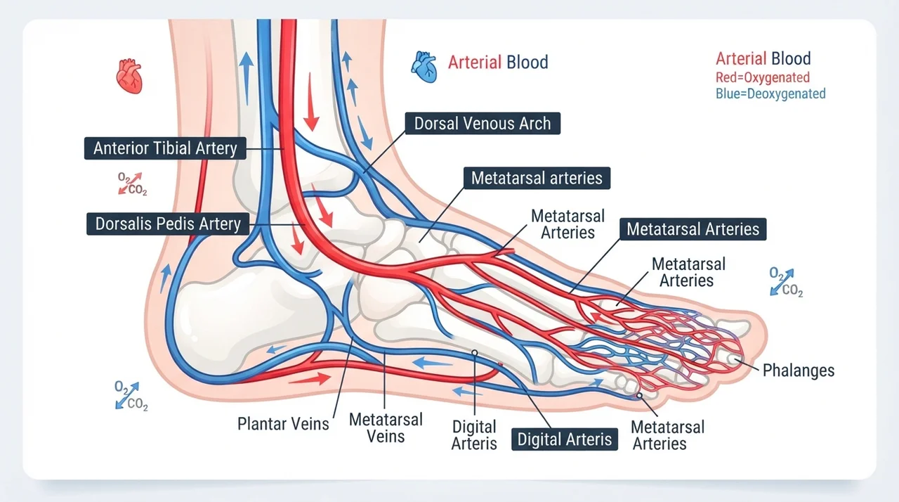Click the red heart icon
tap(129, 77)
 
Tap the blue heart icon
tap(424, 67)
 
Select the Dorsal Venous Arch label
tap(483, 123)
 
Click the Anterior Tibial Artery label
tap(165, 148)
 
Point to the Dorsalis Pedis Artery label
tap(168, 224)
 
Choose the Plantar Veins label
tap(283, 424)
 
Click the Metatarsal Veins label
tap(386, 428)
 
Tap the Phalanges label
tap(799, 371)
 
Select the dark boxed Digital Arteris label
tap(565, 439)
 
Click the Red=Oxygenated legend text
tap(763, 77)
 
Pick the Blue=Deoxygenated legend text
tap(770, 94)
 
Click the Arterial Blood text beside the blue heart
tap(498, 63)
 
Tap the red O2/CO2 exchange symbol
tap(132, 184)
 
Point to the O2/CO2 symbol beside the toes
tap(786, 282)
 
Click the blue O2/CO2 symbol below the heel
tap(131, 396)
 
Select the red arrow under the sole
tap(310, 378)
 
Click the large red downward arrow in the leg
tap(311, 102)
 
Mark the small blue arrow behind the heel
tap(165, 278)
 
